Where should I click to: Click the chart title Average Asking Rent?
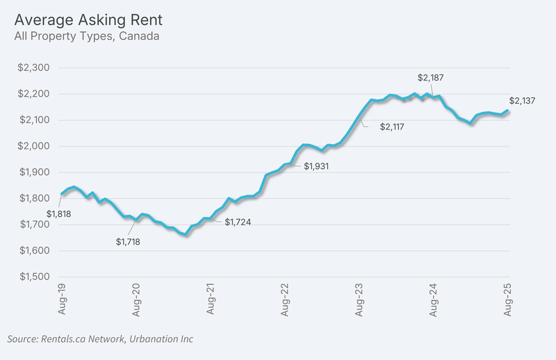point(88,20)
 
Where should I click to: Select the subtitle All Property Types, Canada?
point(87,36)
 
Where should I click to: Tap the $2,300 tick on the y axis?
point(33,67)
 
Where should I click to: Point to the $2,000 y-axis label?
point(33,146)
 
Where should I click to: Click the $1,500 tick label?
point(34,277)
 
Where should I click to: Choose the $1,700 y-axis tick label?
point(34,224)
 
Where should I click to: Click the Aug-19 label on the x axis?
point(62,299)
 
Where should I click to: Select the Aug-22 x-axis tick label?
point(285,300)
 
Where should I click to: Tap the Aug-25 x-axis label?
point(507,300)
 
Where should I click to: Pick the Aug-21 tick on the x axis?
point(211,299)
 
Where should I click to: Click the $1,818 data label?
point(59,214)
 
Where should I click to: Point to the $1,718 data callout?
point(128,242)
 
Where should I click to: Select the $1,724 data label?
point(238,222)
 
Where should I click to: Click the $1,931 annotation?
point(316,166)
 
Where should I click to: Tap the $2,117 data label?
point(392,126)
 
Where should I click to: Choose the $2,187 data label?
point(430,78)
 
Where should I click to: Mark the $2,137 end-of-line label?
point(523,101)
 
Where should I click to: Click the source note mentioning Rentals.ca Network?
point(100,339)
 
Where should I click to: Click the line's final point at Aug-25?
point(508,111)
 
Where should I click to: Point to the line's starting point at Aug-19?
point(62,194)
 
